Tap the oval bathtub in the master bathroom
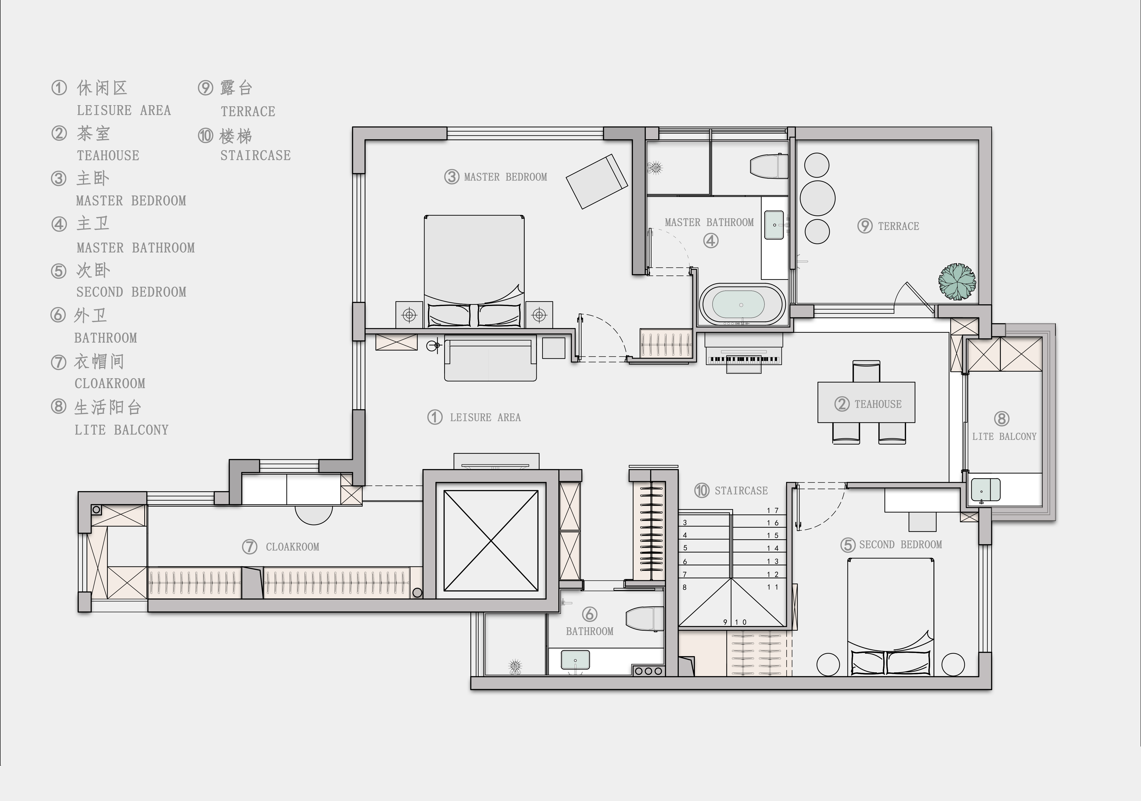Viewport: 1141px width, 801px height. point(742,305)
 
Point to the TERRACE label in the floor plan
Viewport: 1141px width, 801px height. point(899,227)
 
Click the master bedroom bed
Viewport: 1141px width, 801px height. point(474,271)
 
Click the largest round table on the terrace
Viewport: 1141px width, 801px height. point(818,198)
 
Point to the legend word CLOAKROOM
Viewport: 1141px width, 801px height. point(110,383)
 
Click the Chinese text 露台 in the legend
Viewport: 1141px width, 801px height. point(237,88)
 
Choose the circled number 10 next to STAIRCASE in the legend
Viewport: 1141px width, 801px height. point(205,136)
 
